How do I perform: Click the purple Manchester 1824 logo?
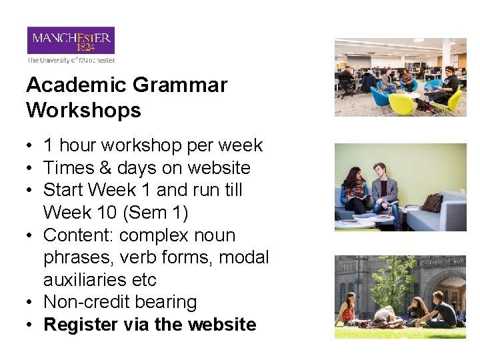point(71,41)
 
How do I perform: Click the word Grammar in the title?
point(180,85)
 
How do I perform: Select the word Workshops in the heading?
point(84,110)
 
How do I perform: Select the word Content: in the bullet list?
point(73,235)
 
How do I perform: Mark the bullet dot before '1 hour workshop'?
point(31,146)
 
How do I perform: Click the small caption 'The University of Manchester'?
point(71,60)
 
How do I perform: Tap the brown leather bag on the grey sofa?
point(432,202)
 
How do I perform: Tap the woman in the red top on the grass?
point(347,311)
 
